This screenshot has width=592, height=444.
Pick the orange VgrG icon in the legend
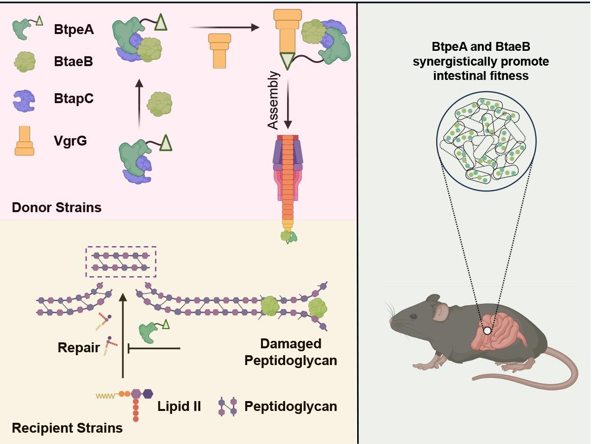coord(24,141)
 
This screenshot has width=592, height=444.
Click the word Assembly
coord(274,100)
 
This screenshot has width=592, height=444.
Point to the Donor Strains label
coord(57,207)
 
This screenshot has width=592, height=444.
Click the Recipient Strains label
coord(67,428)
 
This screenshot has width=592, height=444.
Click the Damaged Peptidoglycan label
coord(291,352)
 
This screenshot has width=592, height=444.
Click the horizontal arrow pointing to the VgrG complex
coord(224,28)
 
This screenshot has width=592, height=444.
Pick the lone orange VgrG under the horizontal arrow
coord(219,50)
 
